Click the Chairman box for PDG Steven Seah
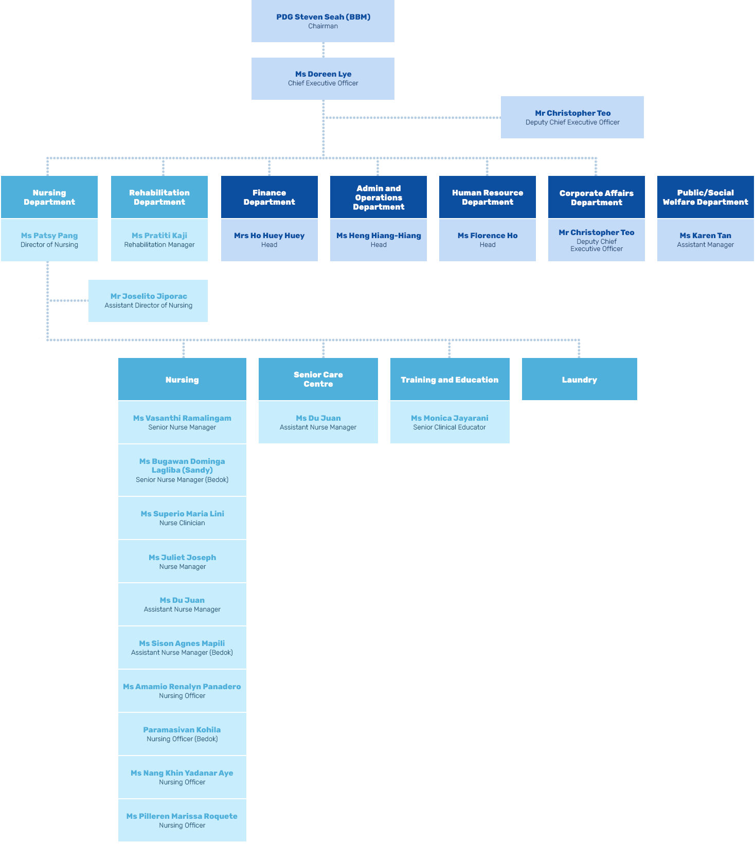tap(323, 21)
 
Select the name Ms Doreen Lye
tap(323, 74)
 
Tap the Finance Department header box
tap(269, 197)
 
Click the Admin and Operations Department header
tap(379, 197)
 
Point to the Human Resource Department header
tap(488, 197)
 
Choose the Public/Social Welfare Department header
tap(705, 197)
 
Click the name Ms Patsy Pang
tap(49, 236)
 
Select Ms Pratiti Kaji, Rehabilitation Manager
tap(159, 240)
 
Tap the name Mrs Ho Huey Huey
tap(269, 236)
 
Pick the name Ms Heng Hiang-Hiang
tap(379, 236)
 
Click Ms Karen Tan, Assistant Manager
tap(705, 240)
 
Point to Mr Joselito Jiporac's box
tap(148, 300)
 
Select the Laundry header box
tap(579, 380)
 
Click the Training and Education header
tap(450, 380)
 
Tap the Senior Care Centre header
tap(318, 379)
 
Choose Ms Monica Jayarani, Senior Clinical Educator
tap(450, 422)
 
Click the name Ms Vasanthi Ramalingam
tap(182, 418)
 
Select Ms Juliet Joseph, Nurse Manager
tap(182, 561)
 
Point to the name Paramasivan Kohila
tap(182, 730)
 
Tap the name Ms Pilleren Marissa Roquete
tap(182, 816)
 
